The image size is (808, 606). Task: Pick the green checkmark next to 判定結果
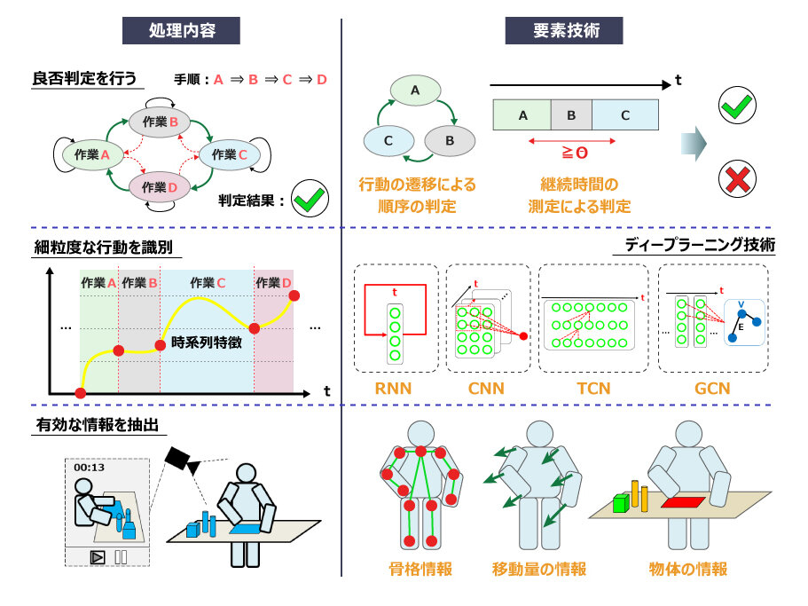tap(309, 200)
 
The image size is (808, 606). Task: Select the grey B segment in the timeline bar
tap(571, 115)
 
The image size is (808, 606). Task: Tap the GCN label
tap(713, 388)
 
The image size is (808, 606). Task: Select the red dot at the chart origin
tap(81, 393)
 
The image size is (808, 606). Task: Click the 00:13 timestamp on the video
tap(89, 468)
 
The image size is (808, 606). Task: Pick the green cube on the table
tap(622, 504)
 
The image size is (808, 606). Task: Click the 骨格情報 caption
tap(420, 569)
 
